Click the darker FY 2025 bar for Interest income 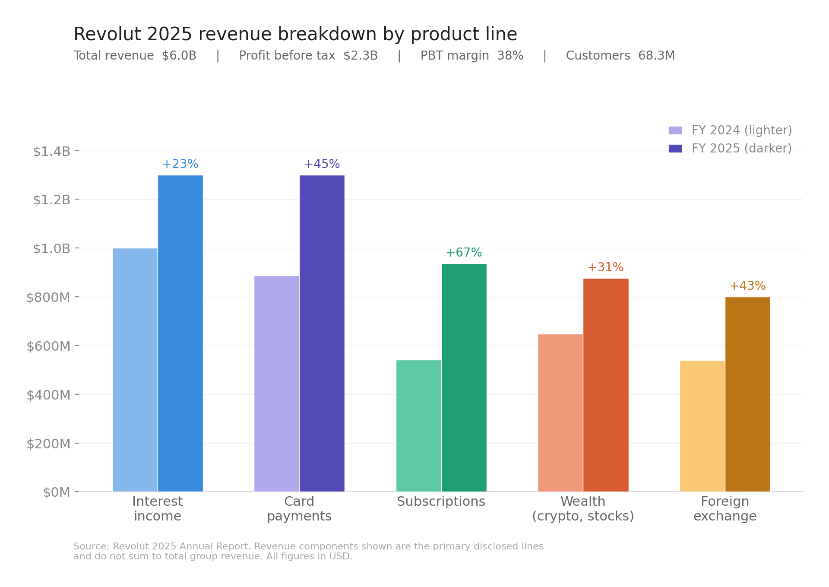coord(180,333)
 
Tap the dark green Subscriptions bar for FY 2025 coord(464,378)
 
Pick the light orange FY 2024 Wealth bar coord(560,412)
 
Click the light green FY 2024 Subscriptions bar coord(418,425)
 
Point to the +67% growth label coord(464,253)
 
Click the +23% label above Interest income coord(180,164)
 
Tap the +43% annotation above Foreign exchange coord(747,286)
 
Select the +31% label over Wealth coord(605,267)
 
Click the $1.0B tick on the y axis coord(51,249)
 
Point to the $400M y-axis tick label coord(48,395)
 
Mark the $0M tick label coord(57,492)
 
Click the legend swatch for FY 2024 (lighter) coord(675,130)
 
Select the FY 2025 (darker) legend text coord(741,149)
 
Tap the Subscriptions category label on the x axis coord(441,502)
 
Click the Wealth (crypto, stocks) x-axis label coord(583,509)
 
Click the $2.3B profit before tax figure coord(361,56)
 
